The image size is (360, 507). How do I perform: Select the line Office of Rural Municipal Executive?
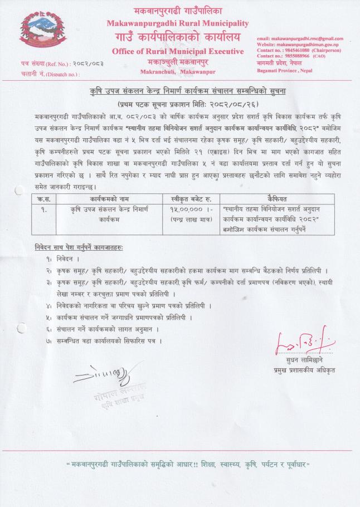coord(178,51)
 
